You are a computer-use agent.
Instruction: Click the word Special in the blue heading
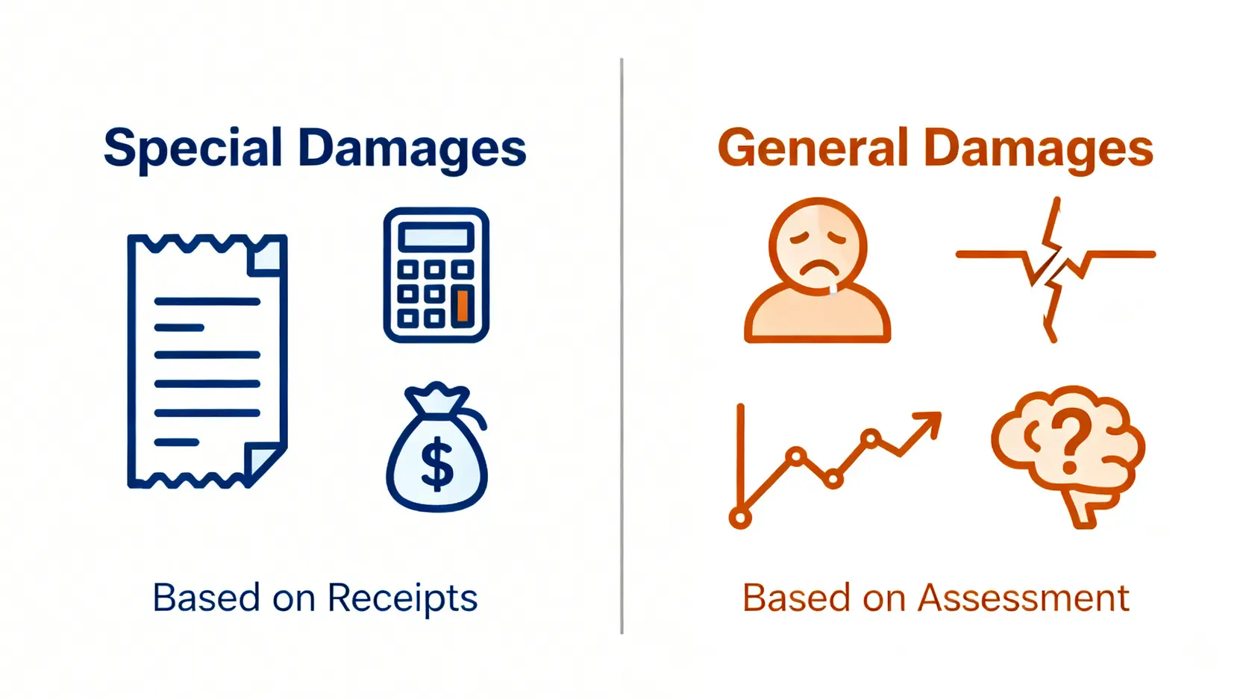[192, 148]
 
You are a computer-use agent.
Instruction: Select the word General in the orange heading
[813, 148]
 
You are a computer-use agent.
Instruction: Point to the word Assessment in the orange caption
[1023, 598]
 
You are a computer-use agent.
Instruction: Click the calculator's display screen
[436, 237]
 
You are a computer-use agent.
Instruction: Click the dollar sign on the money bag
[437, 464]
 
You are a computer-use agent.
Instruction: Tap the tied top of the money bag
[437, 398]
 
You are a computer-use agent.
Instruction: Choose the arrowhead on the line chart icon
[928, 424]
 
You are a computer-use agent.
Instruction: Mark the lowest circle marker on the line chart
[740, 518]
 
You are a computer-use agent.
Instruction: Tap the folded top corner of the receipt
[267, 257]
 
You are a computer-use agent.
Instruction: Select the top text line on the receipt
[207, 302]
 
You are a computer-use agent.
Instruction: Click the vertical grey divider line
[621, 345]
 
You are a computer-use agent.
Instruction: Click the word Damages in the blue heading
[413, 148]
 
